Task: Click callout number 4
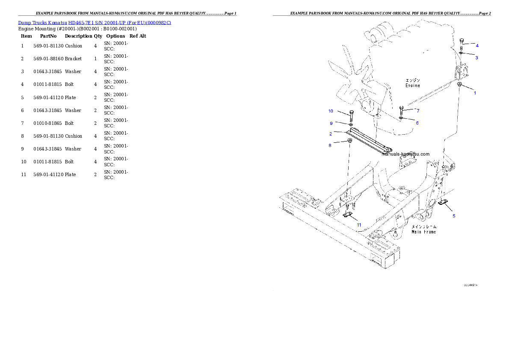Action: coord(477,45)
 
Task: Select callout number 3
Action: coord(476,58)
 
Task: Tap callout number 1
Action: coord(474,92)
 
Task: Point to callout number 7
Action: coord(417,111)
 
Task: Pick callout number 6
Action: coord(417,123)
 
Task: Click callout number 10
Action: coord(331,111)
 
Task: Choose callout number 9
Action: coord(331,123)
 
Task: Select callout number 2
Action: coord(331,134)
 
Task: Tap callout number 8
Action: coord(330,145)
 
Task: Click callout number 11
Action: coord(359,224)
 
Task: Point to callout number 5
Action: coord(454,215)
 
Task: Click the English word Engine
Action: coord(413,86)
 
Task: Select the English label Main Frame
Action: coord(423,232)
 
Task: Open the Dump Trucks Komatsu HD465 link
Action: coord(95,23)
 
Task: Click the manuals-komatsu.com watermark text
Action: coord(405,154)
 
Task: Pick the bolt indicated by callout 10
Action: coord(351,115)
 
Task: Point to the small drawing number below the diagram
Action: coord(471,285)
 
